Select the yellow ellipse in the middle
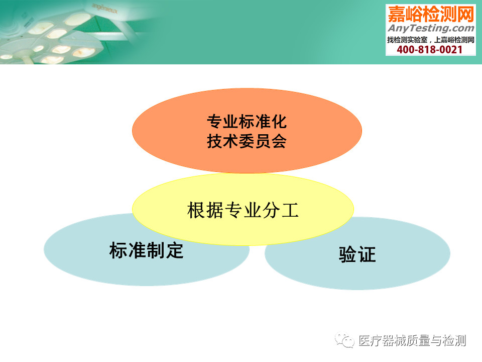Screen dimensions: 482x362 tap(243, 209)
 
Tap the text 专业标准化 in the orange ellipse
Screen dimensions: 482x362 tap(247, 121)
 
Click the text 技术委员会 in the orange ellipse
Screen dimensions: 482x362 tap(247, 141)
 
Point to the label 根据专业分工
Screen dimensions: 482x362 tap(243, 210)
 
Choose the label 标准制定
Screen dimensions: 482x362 tap(146, 250)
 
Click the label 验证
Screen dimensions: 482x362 tap(357, 254)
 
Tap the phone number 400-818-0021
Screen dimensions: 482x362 tap(429, 50)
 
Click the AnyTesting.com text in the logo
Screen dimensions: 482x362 tap(431, 28)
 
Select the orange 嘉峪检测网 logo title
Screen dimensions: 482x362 tap(431, 14)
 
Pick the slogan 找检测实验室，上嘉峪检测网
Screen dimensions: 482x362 tap(431, 40)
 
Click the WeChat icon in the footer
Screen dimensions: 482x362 tap(344, 340)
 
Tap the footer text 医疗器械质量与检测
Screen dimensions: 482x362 tap(412, 341)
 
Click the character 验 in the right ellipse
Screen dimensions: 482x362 tap(347, 254)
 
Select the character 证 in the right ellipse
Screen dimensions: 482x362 tap(367, 254)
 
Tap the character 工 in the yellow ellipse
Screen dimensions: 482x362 tap(290, 210)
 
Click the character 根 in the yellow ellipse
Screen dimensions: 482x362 tap(196, 210)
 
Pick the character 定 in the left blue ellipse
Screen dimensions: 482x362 tap(175, 250)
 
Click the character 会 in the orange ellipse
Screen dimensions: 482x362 tap(279, 141)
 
